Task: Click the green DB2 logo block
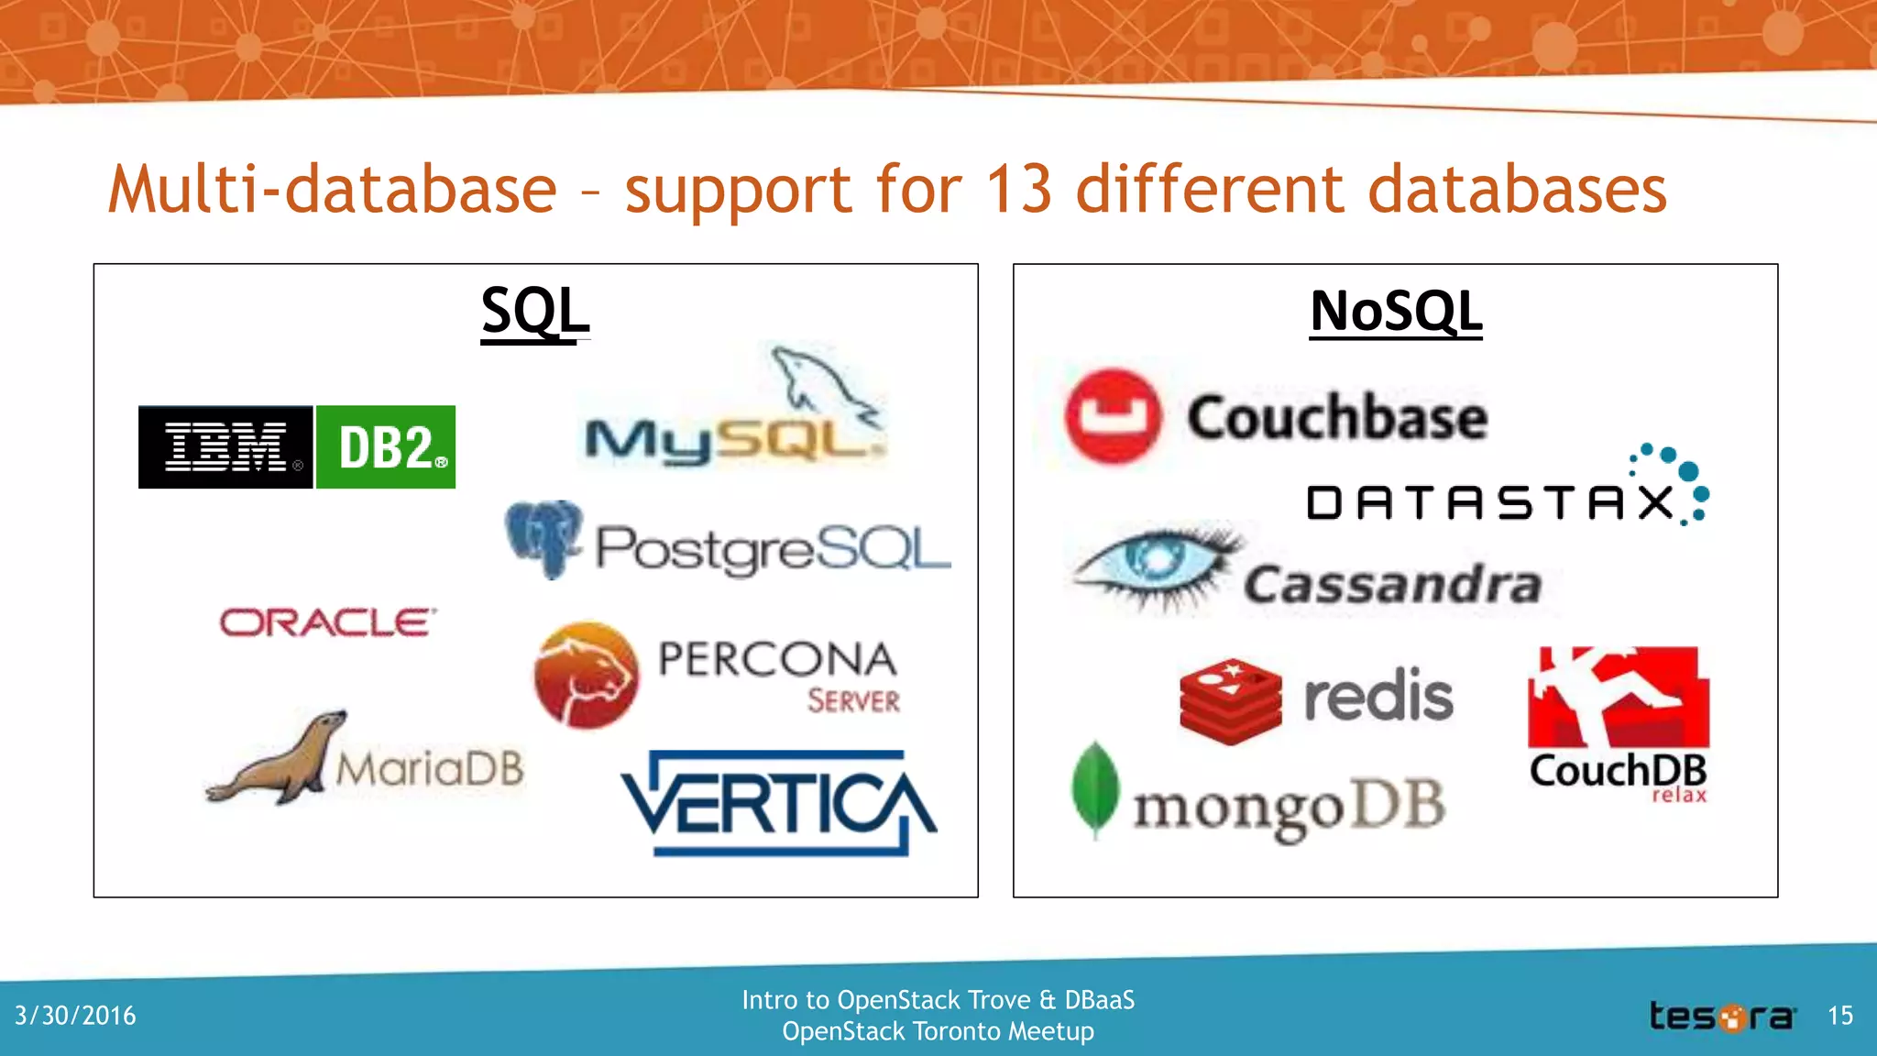[386, 447]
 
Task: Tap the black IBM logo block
[225, 447]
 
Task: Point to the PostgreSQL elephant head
[543, 538]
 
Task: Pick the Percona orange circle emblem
[587, 676]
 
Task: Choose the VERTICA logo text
[779, 803]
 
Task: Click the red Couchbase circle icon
[1113, 416]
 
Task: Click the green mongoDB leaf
[1095, 789]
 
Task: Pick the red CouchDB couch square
[1618, 697]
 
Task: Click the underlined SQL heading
[535, 312]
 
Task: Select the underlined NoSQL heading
[1395, 312]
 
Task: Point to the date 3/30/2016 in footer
[75, 1016]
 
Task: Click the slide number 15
[1840, 1016]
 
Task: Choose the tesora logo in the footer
[1721, 1017]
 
